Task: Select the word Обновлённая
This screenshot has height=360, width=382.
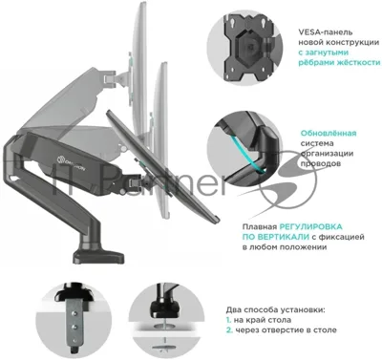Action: [x=329, y=133]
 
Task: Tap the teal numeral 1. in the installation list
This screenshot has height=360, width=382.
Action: [x=228, y=320]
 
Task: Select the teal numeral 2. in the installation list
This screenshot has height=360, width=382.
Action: [x=229, y=330]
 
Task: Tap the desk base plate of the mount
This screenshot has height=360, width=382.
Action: [x=98, y=256]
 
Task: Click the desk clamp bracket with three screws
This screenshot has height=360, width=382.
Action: [x=74, y=327]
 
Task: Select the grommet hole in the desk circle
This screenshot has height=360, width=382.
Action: [x=165, y=327]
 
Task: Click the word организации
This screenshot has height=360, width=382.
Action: [x=327, y=154]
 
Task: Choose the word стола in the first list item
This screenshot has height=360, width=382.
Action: [x=282, y=320]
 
